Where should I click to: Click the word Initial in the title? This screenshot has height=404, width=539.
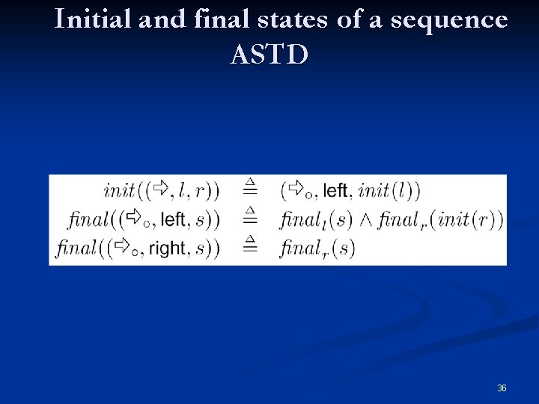pyautogui.click(x=93, y=20)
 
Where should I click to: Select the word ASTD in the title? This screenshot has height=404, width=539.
pyautogui.click(x=269, y=55)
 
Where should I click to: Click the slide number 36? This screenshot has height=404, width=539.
pyautogui.click(x=502, y=388)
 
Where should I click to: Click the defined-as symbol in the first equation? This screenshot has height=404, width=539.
pyautogui.click(x=250, y=189)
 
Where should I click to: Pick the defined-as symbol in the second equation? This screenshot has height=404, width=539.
pyautogui.click(x=250, y=218)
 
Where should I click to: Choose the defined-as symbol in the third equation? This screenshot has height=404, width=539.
pyautogui.click(x=250, y=246)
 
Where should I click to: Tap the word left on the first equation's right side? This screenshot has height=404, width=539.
pyautogui.click(x=335, y=191)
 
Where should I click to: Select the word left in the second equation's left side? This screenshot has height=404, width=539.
pyautogui.click(x=173, y=219)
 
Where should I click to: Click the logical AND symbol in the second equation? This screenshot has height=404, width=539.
pyautogui.click(x=366, y=220)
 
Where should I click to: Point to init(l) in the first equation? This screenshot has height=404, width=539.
pyautogui.click(x=389, y=191)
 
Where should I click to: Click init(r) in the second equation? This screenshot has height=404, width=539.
pyautogui.click(x=470, y=220)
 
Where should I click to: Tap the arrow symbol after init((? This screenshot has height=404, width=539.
pyautogui.click(x=160, y=189)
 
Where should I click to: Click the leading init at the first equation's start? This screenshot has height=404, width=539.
pyautogui.click(x=120, y=190)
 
